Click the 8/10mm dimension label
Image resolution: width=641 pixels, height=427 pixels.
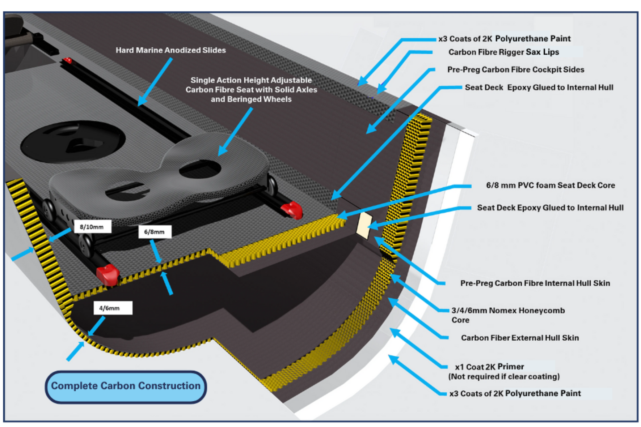click(x=92, y=227)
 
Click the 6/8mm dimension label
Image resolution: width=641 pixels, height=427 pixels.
click(x=155, y=232)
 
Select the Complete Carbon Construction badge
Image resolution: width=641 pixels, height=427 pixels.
click(x=126, y=386)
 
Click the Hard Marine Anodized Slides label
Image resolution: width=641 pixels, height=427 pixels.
click(x=170, y=50)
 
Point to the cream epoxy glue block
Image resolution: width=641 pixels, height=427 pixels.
click(x=364, y=225)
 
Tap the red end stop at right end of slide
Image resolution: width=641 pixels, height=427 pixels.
click(x=292, y=210)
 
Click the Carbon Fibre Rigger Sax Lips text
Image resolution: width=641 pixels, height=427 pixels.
click(x=503, y=52)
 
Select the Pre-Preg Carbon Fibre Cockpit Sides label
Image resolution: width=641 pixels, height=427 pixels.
click(x=515, y=69)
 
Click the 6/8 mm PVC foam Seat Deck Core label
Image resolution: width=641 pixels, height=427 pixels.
click(x=550, y=185)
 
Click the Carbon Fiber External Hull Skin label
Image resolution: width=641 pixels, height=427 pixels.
click(x=520, y=338)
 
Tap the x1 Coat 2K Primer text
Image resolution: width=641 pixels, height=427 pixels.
click(x=489, y=367)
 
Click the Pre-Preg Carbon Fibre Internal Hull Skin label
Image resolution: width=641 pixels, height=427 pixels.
click(x=535, y=283)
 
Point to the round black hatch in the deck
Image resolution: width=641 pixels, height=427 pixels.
click(x=73, y=141)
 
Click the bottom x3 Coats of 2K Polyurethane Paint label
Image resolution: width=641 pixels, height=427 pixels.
click(x=515, y=393)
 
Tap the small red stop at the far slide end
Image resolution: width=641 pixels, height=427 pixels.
click(x=67, y=60)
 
